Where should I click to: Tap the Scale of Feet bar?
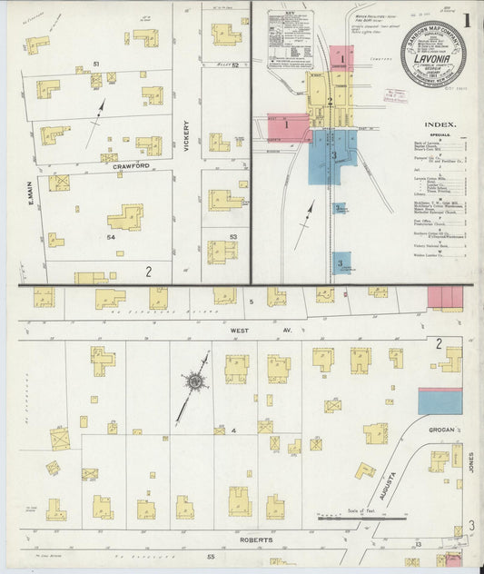coord(361,519)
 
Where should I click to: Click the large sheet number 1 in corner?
coord(465,21)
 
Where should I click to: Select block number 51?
coord(94,65)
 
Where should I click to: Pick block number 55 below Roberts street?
coord(211,554)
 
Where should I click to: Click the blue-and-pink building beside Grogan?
coord(440,401)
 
